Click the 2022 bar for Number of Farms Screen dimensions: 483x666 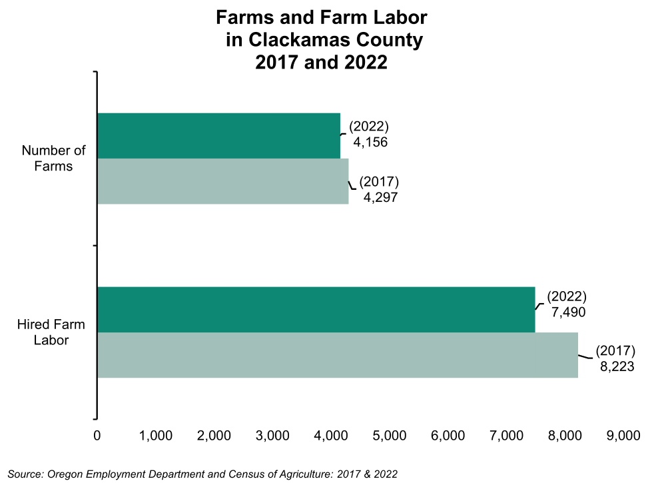[x=218, y=136]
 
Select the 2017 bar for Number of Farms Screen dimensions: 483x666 [x=222, y=181]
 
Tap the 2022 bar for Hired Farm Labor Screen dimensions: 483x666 [x=316, y=310]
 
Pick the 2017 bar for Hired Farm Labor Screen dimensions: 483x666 [x=337, y=355]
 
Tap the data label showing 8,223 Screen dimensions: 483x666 [x=615, y=366]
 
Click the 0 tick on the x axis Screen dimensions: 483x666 [x=97, y=436]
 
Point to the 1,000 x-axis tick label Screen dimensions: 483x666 [x=156, y=436]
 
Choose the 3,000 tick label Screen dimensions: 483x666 [x=272, y=436]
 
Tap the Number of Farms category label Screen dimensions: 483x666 [x=53, y=158]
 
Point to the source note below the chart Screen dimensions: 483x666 [x=202, y=474]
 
